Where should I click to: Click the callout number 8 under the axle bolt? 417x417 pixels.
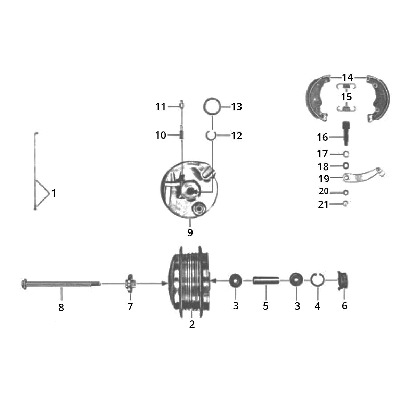click(61, 308)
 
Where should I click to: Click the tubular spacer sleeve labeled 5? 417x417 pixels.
click(266, 281)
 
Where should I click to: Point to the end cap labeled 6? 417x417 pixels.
click(343, 281)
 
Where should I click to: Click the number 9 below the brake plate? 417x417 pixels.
click(190, 233)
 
